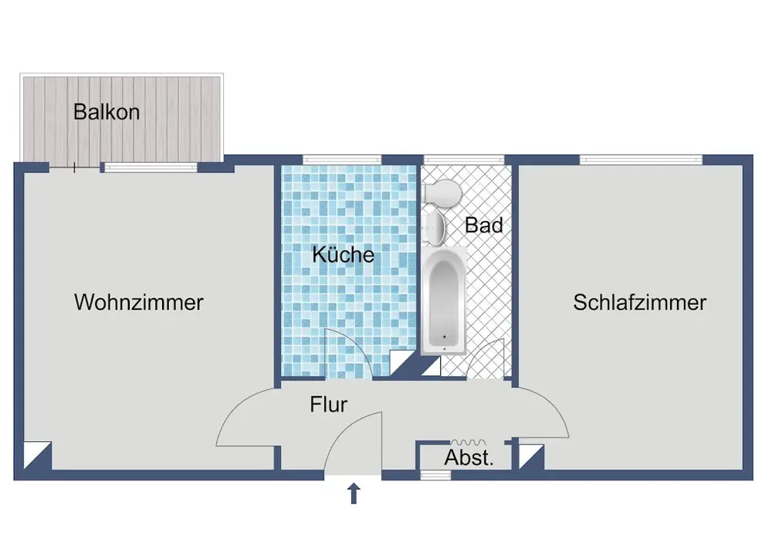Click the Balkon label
click(x=107, y=112)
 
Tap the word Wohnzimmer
click(x=139, y=302)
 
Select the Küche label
click(x=344, y=255)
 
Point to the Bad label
click(x=484, y=226)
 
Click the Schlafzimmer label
click(x=639, y=302)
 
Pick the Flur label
click(x=329, y=404)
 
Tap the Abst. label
click(x=469, y=458)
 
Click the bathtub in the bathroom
click(x=443, y=301)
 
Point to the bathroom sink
click(x=435, y=226)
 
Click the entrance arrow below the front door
click(x=354, y=493)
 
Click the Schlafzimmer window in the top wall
click(x=641, y=160)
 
